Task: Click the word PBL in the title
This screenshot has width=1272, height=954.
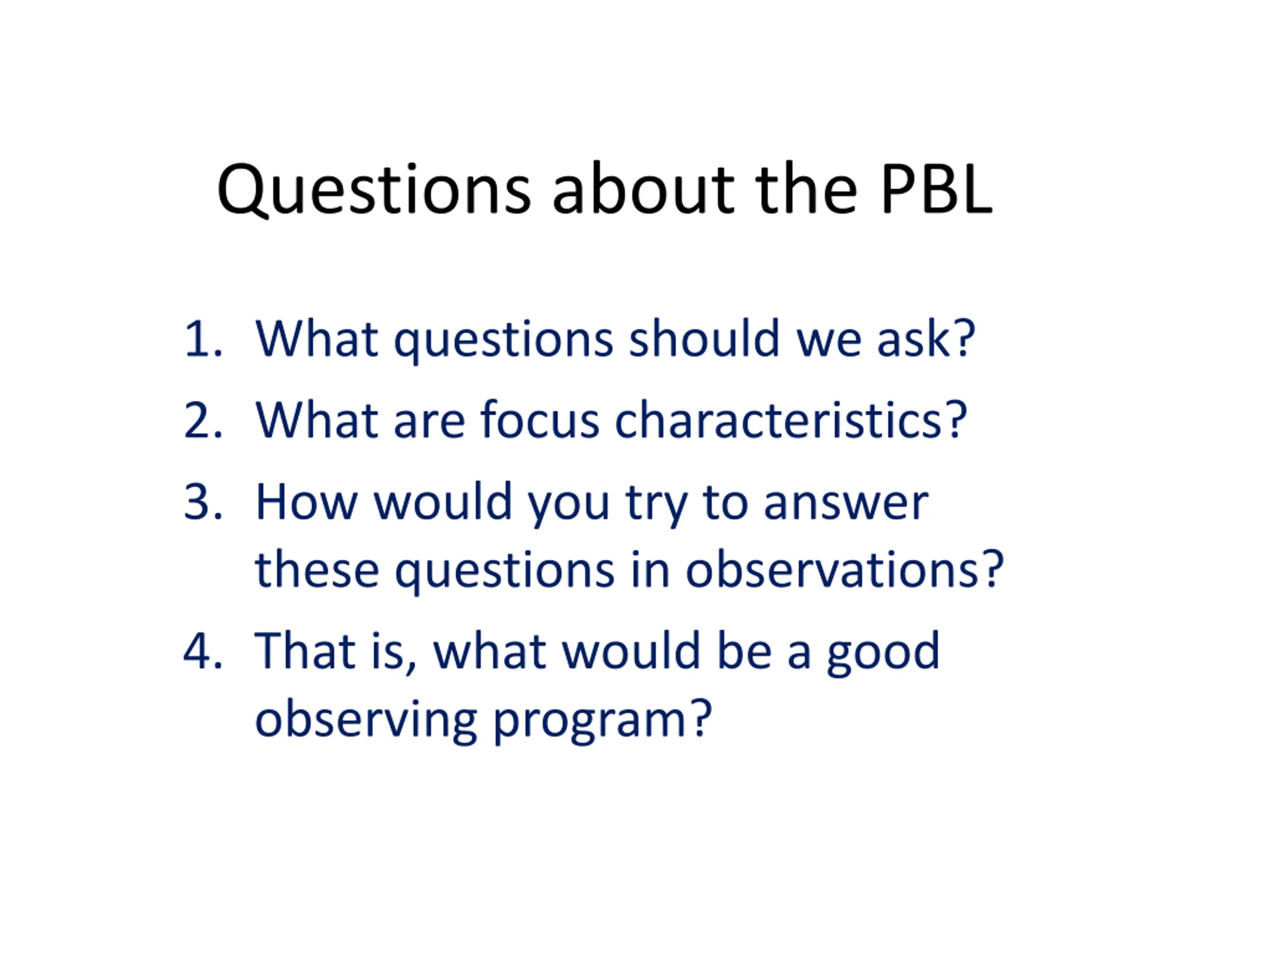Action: [x=936, y=189]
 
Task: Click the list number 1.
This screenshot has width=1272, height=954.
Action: [x=202, y=339]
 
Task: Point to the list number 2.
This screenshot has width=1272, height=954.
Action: [x=202, y=420]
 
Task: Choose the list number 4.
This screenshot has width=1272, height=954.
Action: [x=202, y=651]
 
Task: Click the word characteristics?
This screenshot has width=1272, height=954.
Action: [x=791, y=419]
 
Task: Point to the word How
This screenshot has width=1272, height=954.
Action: [x=307, y=502]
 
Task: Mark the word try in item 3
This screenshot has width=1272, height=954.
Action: [x=656, y=505]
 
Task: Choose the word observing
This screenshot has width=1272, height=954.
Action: [x=366, y=721]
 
